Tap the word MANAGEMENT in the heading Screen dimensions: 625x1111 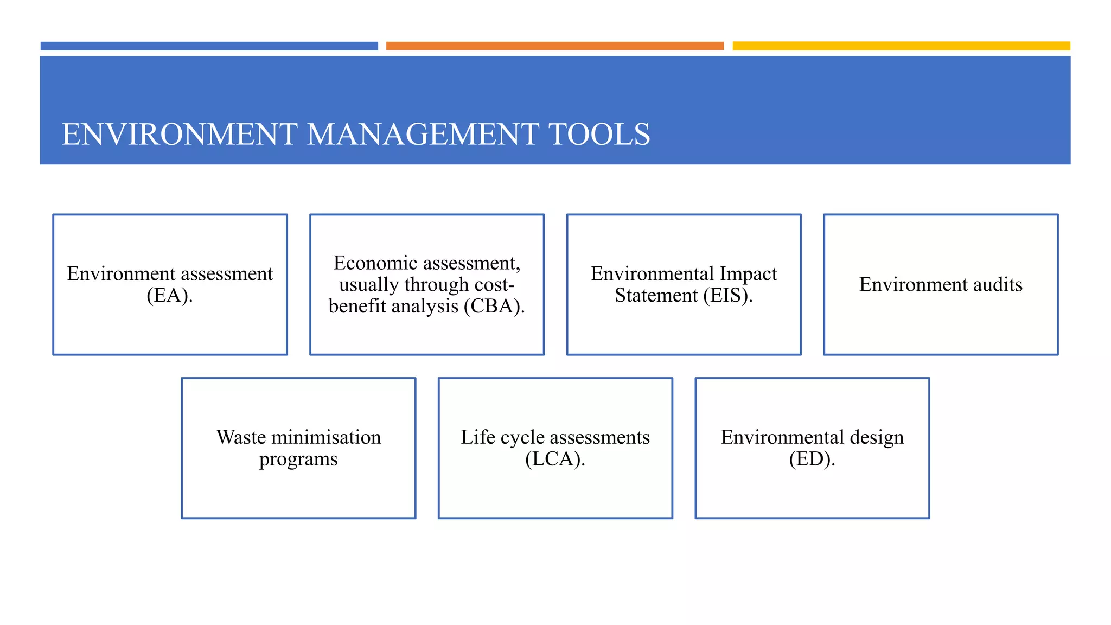[423, 134]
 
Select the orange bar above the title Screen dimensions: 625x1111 [554, 46]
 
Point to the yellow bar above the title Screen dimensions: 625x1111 [901, 46]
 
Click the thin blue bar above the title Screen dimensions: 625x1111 [209, 46]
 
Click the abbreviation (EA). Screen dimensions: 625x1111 [170, 296]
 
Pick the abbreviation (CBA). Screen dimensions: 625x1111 [494, 307]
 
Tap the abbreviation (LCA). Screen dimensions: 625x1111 [555, 460]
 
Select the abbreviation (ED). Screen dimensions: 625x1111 [812, 460]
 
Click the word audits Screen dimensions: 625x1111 [992, 285]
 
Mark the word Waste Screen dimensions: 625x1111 [241, 437]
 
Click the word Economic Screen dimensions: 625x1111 [375, 263]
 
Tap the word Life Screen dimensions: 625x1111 [478, 437]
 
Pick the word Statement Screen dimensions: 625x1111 [656, 296]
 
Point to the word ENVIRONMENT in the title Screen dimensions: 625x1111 [180, 134]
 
